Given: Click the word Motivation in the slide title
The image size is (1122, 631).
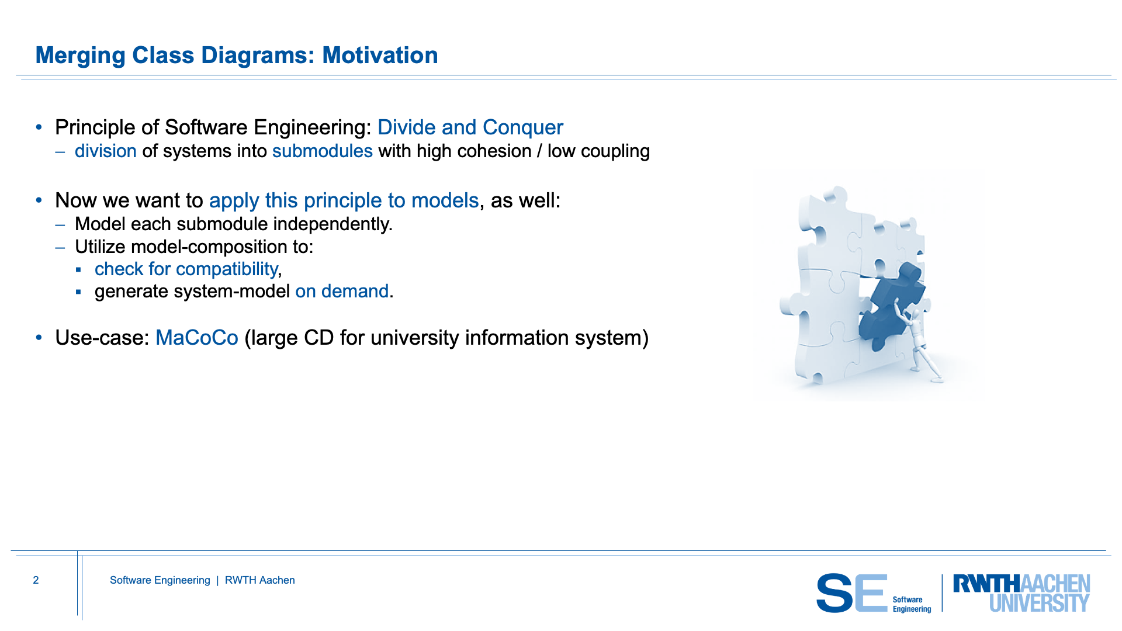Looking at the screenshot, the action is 380,56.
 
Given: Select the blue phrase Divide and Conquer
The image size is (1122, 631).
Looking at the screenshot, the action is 470,127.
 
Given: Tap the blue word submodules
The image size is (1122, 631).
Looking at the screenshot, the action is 323,151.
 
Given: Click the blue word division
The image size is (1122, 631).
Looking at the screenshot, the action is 106,151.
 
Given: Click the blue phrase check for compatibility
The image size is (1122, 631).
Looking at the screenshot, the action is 186,269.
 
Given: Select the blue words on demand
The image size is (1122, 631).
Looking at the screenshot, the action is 342,291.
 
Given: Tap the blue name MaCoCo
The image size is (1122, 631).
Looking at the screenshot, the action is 197,338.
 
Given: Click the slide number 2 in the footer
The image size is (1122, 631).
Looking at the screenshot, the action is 36,580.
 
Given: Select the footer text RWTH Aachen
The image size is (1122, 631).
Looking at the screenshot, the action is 260,580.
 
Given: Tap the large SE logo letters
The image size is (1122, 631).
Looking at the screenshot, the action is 852,593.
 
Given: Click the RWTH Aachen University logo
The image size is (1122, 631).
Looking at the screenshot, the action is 1021,593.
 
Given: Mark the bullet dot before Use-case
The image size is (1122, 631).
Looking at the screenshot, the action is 39,338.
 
